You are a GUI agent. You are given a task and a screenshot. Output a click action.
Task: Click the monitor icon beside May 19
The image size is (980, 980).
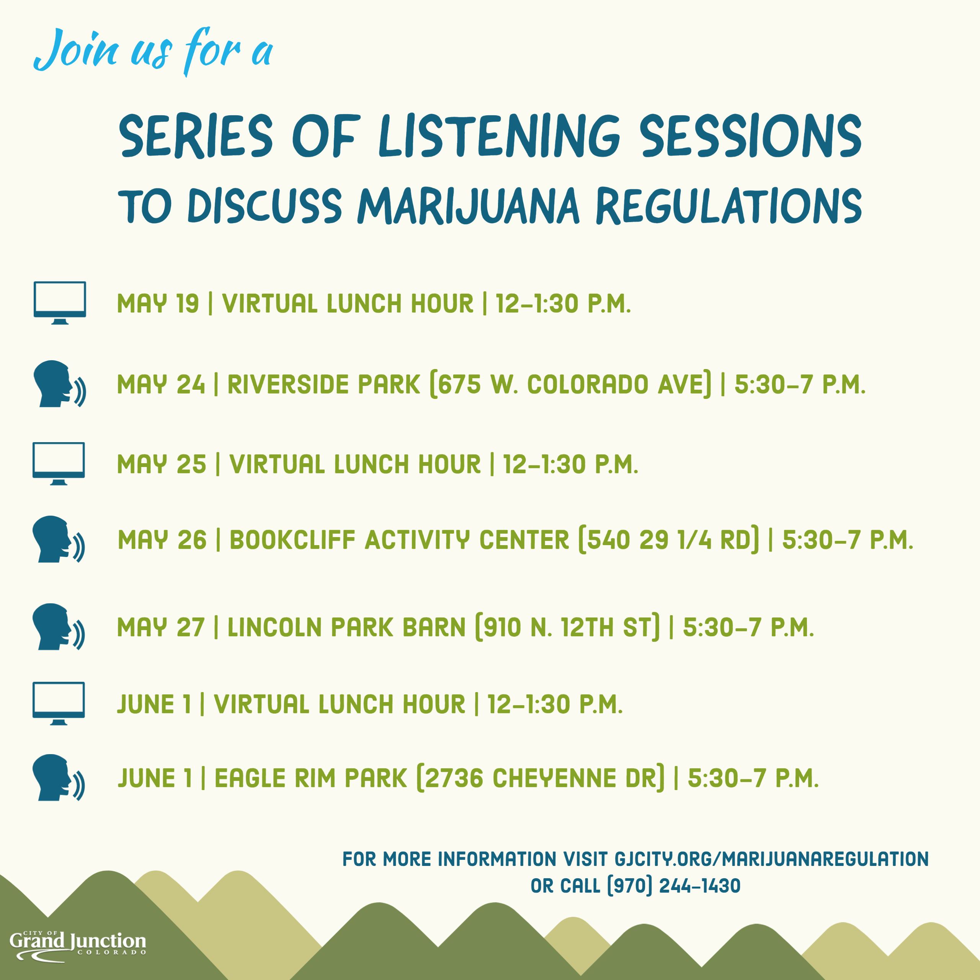pos(59,302)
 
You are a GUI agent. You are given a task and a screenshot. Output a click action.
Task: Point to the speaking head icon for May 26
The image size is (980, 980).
pos(58,539)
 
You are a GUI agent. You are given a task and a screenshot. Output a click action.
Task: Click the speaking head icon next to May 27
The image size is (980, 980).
pos(58,626)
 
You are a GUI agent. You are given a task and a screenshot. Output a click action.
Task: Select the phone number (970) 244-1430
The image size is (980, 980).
pos(674,886)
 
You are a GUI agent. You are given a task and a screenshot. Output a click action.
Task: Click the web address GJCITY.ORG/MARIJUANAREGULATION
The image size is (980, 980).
pos(771,859)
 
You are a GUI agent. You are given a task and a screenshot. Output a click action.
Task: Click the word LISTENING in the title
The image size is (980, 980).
pos(500,136)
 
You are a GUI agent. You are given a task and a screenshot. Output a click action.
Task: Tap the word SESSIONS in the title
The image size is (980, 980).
pos(750,136)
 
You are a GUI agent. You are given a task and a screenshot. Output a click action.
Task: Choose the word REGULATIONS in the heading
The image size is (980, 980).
pos(729,206)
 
